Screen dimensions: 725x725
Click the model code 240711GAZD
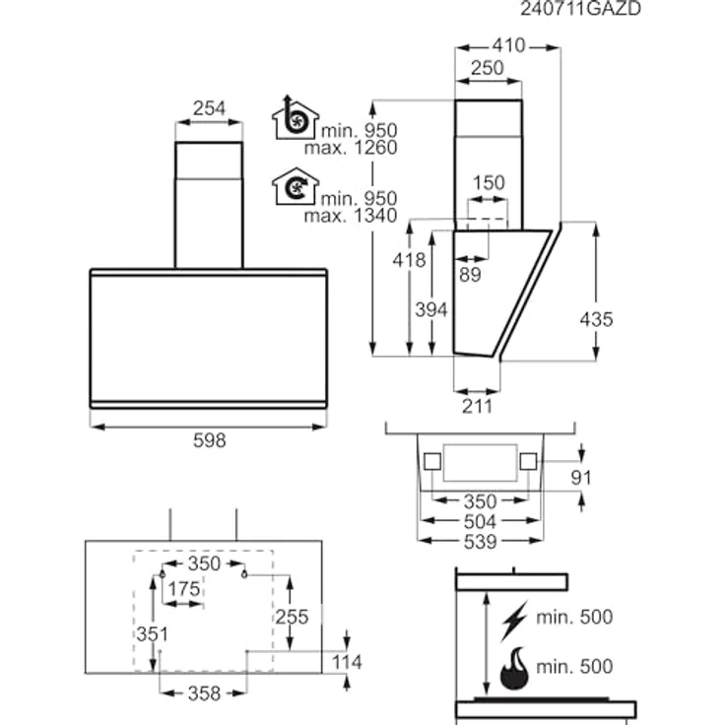pos(580,8)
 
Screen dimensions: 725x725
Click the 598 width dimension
pos(210,440)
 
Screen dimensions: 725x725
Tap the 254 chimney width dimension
pos(209,108)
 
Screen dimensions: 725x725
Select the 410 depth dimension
pos(508,45)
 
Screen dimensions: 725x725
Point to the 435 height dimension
pos(597,319)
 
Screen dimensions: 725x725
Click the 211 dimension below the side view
pos(478,406)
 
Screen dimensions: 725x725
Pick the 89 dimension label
pos(470,275)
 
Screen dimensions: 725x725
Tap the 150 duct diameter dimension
pos(489,182)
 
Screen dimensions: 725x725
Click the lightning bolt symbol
pos(514,621)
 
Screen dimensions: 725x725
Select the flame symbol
pos(514,668)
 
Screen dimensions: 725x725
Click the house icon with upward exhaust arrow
pos(295,117)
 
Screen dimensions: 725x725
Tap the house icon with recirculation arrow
pos(296,186)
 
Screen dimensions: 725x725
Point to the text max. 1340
pos(351,216)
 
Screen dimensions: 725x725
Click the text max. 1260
pos(351,148)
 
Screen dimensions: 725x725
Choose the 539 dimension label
pos(481,542)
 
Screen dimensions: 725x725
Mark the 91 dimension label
pos(581,477)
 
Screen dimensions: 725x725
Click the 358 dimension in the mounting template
pos(204,693)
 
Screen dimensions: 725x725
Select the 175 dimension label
pos(183,589)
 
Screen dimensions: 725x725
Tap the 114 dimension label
pos(347,662)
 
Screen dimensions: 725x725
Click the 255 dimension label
pos(292,617)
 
